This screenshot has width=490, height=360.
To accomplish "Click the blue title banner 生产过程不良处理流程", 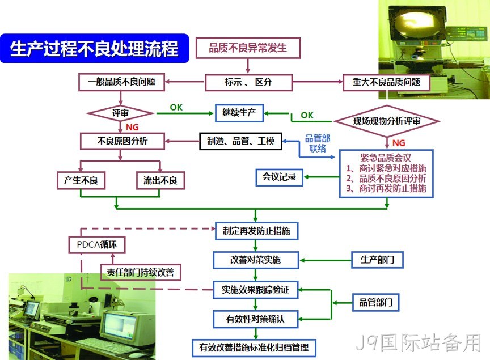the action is [x=95, y=48].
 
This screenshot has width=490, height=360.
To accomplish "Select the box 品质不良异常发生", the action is [x=248, y=48].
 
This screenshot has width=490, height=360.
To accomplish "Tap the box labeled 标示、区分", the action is [x=249, y=82].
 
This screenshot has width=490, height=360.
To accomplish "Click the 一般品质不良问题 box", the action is [x=121, y=82].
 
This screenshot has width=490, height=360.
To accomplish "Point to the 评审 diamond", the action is [x=120, y=113].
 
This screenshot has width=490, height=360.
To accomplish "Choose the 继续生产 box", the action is [x=239, y=113].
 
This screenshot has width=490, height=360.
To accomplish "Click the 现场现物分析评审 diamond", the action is [x=387, y=121].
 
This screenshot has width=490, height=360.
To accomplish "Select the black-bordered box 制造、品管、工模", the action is [x=240, y=141].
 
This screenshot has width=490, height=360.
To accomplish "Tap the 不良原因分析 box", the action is [x=122, y=141].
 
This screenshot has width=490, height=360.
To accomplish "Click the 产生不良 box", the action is [x=81, y=180].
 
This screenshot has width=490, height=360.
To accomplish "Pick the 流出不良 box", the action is [x=160, y=180].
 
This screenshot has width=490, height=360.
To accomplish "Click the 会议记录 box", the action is [x=280, y=177].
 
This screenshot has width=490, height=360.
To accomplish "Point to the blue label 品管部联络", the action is [x=318, y=143].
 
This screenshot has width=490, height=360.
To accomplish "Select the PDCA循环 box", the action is [x=97, y=244].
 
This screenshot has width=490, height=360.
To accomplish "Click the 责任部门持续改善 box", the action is [x=141, y=272].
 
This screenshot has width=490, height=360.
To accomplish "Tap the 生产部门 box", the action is [x=378, y=260].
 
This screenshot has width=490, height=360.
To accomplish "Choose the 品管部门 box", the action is [x=375, y=302].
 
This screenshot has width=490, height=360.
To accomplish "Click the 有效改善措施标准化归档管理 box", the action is [x=254, y=348].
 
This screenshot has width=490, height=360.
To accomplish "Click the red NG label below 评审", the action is [x=132, y=127].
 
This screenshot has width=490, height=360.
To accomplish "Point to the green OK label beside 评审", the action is [x=176, y=108].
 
